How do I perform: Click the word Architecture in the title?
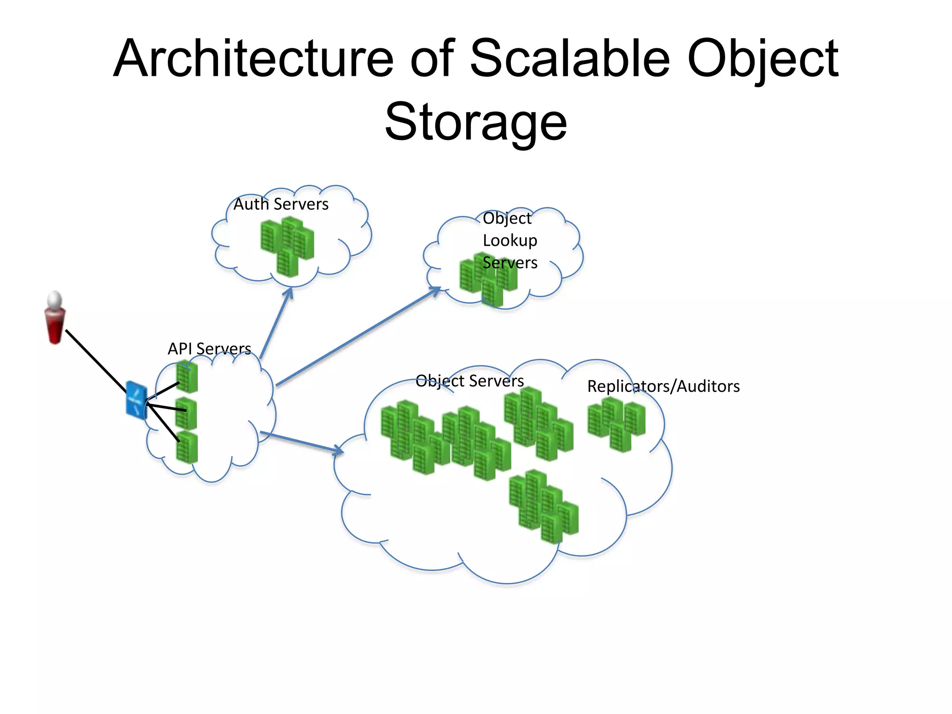[x=253, y=59]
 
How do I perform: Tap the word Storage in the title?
[x=476, y=122]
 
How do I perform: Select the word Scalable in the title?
[x=570, y=59]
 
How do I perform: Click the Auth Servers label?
[x=281, y=205]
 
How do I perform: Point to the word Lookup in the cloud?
[x=509, y=240]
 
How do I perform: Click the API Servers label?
[x=209, y=349]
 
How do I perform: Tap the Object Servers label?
[x=469, y=381]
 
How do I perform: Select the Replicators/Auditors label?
[x=663, y=387]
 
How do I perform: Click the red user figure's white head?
[x=55, y=300]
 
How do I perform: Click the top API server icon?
[x=187, y=377]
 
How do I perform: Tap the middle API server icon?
[x=186, y=413]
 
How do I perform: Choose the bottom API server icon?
[x=187, y=447]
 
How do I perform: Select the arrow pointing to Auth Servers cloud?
[x=276, y=323]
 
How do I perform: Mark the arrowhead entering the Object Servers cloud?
[x=338, y=450]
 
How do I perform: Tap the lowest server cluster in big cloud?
[x=544, y=507]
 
